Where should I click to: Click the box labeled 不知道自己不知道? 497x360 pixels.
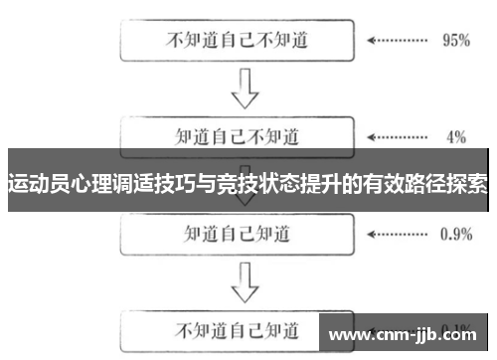click(x=236, y=42)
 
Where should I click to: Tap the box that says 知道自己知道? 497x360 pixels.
click(x=236, y=235)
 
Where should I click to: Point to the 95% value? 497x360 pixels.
click(x=455, y=42)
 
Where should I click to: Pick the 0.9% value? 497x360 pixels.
click(x=456, y=235)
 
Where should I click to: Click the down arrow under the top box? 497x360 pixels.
click(x=245, y=89)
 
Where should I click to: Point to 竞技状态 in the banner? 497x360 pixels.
click(x=257, y=184)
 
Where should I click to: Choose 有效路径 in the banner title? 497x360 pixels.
click(x=403, y=184)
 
